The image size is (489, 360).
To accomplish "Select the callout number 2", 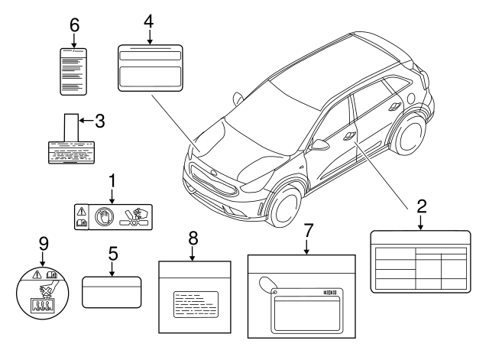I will (x=421, y=206).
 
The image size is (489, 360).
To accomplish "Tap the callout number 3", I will (x=99, y=119).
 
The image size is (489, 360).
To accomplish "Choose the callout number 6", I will (x=74, y=24).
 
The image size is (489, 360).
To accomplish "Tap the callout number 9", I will (x=43, y=245).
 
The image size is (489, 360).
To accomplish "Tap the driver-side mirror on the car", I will (x=318, y=144).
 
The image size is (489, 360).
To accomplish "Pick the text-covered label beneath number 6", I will (x=73, y=70).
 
